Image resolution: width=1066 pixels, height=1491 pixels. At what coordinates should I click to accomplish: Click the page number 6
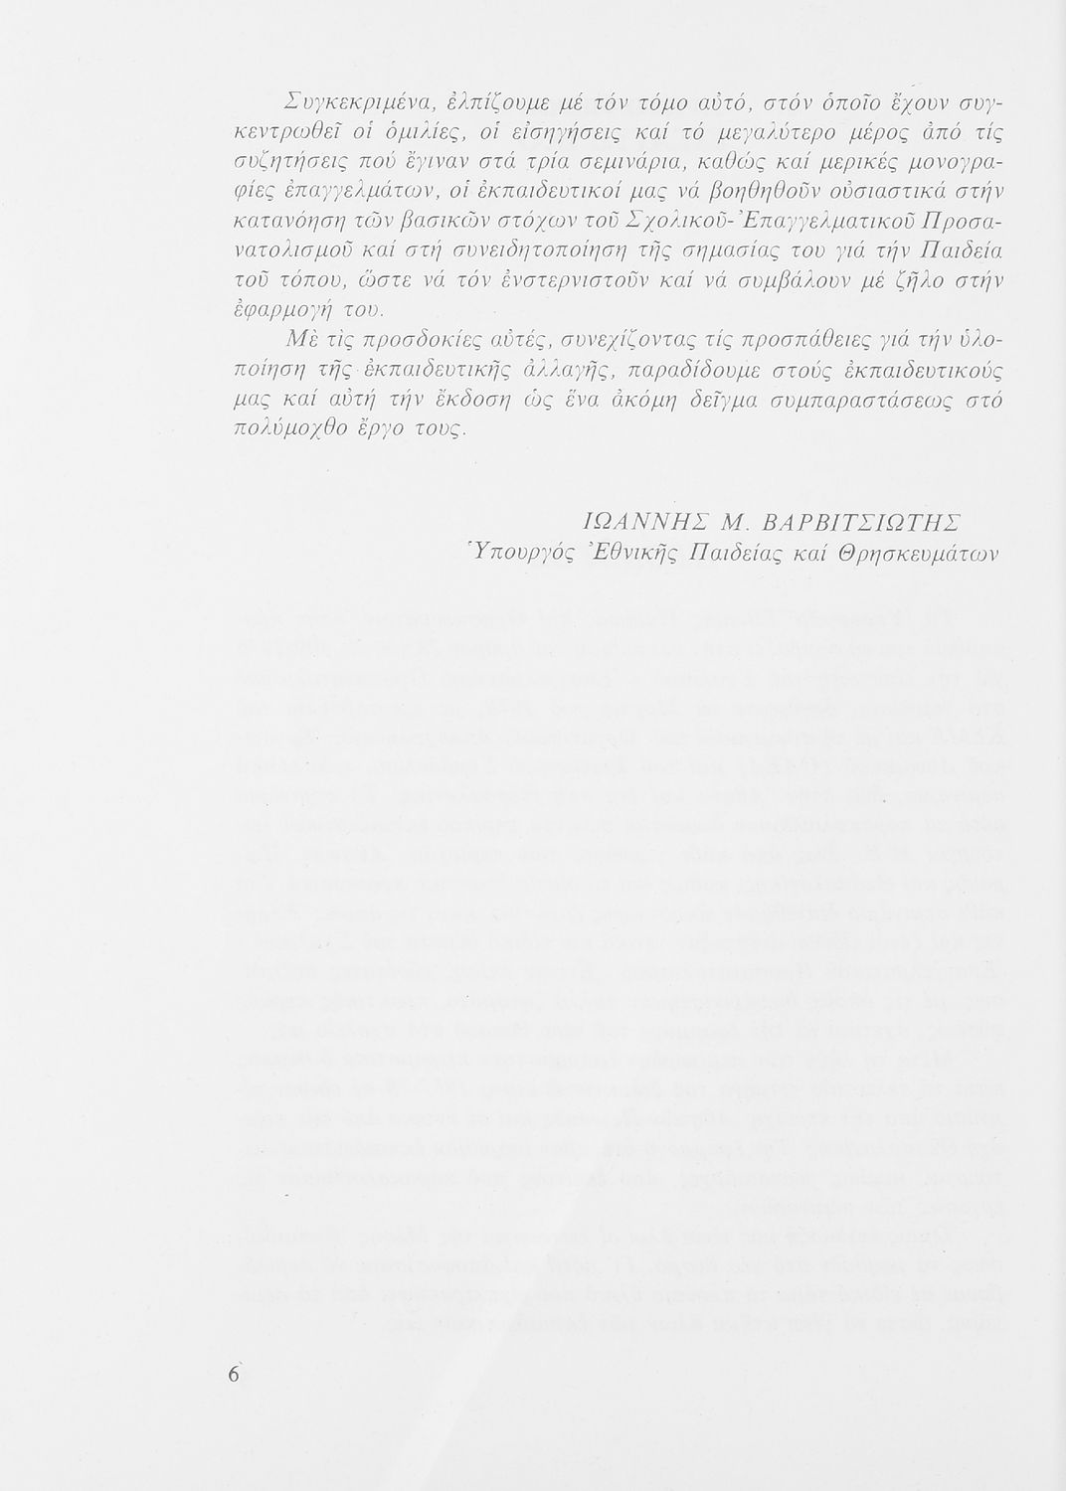pos(235,1374)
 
